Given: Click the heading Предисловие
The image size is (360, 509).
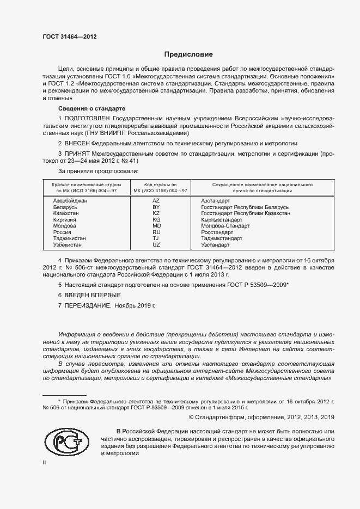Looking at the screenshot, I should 188,54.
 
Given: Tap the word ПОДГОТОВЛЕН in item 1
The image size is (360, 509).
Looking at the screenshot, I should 90,118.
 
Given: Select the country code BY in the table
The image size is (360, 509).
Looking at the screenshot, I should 156,207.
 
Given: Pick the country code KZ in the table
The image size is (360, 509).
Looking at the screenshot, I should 156,213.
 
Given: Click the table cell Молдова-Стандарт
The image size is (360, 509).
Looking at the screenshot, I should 225,225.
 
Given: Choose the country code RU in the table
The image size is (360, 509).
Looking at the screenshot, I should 156,232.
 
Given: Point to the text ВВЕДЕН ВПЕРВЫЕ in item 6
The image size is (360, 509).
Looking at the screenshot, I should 86,295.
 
